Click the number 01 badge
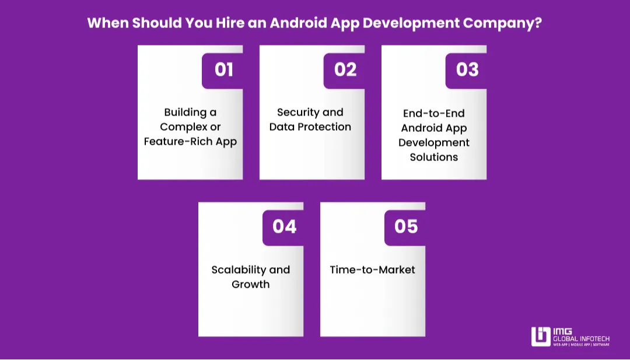tap(223, 69)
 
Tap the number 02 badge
tap(345, 69)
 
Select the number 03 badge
tap(467, 69)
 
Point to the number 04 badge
tap(284, 226)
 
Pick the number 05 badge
tap(406, 226)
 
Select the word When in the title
tap(107, 24)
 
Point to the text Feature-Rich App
tap(190, 142)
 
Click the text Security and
tap(310, 112)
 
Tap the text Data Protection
tap(310, 127)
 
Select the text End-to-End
tap(434, 113)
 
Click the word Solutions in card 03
tap(434, 157)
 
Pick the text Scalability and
tap(251, 270)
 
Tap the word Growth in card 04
tap(251, 284)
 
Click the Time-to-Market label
tap(373, 270)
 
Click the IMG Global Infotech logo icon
tap(541, 337)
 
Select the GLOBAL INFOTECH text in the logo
tap(582, 338)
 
